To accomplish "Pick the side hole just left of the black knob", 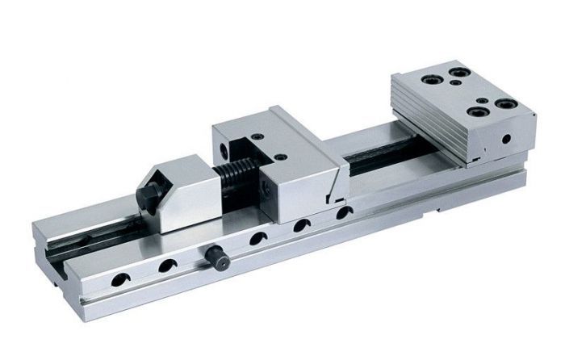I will (169, 265).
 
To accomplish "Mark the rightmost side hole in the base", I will (345, 213).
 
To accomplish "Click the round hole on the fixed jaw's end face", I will (505, 139).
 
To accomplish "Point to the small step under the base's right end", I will (440, 212).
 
